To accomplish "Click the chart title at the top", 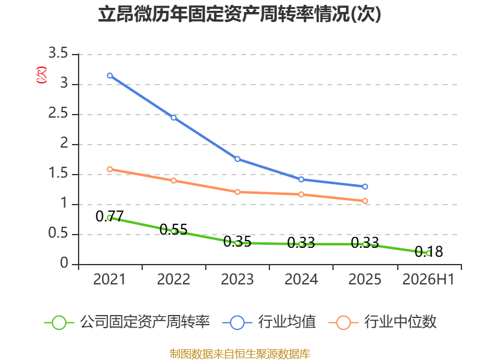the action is click(239, 14).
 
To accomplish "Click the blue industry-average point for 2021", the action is click(110, 76).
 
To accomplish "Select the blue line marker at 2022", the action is click(173, 118).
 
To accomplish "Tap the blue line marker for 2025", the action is click(365, 187).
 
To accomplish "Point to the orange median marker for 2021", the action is click(110, 169).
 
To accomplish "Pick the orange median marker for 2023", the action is click(237, 192).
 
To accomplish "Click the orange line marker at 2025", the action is click(365, 201).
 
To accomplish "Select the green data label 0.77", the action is click(110, 217).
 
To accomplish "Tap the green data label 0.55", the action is click(173, 230).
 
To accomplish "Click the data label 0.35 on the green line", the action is click(237, 242).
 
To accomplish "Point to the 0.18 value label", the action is click(428, 251).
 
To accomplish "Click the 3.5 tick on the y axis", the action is click(58, 53).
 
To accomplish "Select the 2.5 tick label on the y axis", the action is click(58, 113).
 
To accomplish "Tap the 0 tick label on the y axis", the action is click(64, 263).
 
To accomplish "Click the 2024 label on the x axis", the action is click(301, 279).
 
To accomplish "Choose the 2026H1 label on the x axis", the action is click(428, 279).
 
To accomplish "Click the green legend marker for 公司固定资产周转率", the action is click(59, 323).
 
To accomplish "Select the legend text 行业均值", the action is click(287, 322).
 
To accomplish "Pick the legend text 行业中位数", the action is click(400, 322).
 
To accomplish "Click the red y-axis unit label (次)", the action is click(41, 75).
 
